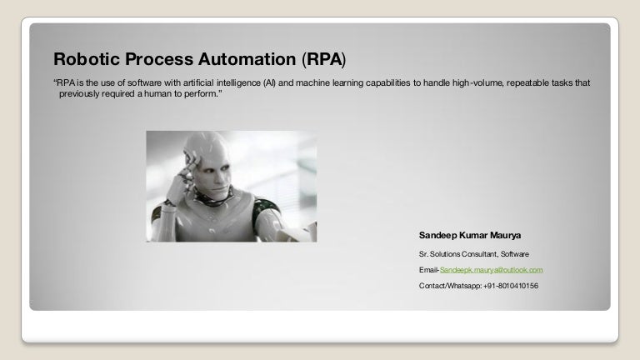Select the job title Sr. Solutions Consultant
462,254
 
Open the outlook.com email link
492,270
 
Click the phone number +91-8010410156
511,286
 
